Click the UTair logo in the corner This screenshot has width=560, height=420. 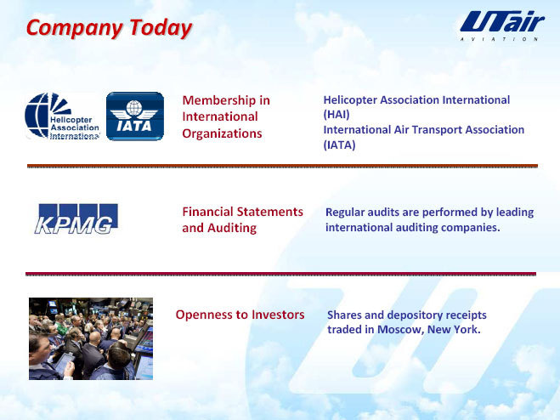tap(501, 26)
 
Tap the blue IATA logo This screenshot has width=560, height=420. tap(135, 116)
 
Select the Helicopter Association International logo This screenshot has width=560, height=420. tap(63, 116)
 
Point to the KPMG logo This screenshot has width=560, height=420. tap(76, 219)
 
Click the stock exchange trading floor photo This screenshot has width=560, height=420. tap(91, 338)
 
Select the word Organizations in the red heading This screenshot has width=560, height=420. tap(222, 133)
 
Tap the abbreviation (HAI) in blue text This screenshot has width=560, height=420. tap(337, 115)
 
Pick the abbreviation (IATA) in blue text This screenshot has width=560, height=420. tap(339, 145)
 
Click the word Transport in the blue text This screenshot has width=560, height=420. tap(437, 130)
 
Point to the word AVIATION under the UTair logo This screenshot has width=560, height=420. tap(499, 39)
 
